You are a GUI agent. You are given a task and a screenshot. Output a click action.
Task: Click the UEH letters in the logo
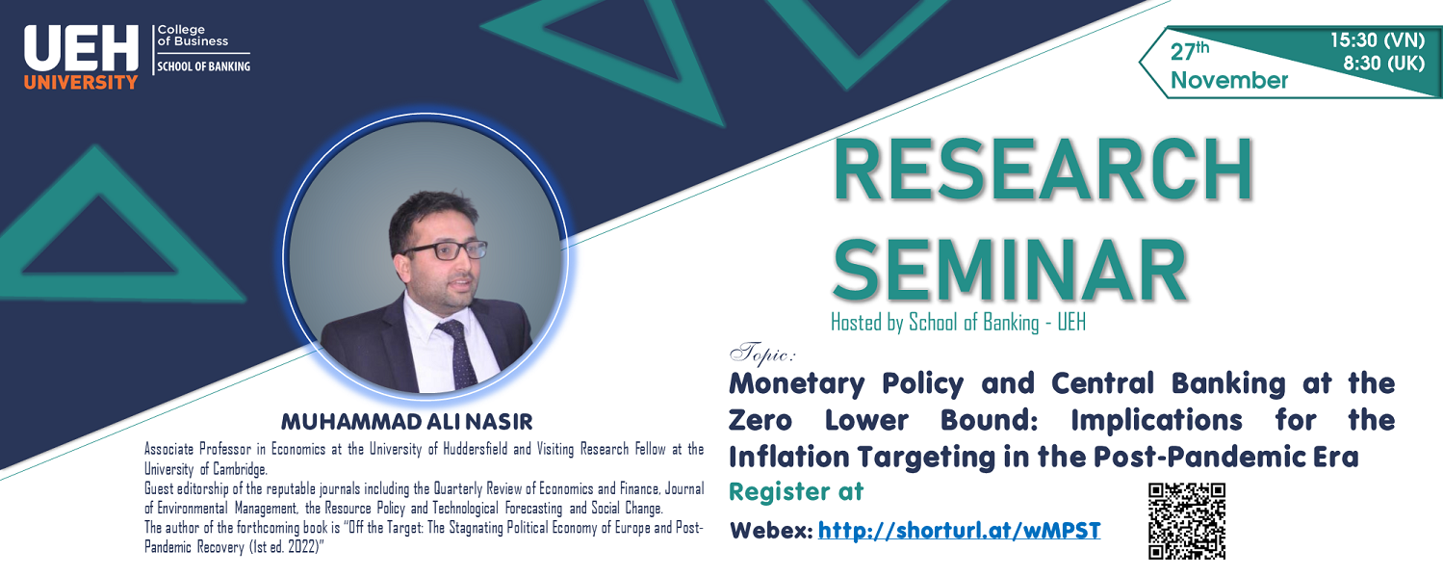pyautogui.click(x=82, y=47)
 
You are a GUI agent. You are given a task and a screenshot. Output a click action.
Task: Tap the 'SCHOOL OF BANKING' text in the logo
pyautogui.click(x=204, y=66)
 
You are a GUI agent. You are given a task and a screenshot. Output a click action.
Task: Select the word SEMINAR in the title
pyautogui.click(x=1010, y=267)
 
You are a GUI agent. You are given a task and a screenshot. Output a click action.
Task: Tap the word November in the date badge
pyautogui.click(x=1228, y=81)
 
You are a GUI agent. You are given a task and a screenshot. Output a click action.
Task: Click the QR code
pyautogui.click(x=1187, y=521)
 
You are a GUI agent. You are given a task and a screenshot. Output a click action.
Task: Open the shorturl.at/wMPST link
pyautogui.click(x=959, y=530)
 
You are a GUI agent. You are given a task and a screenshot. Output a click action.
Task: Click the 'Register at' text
pyautogui.click(x=796, y=492)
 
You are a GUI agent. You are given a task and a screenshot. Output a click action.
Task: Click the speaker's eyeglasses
pyautogui.click(x=432, y=249)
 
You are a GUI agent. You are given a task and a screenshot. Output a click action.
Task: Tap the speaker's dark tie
pyautogui.click(x=456, y=352)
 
